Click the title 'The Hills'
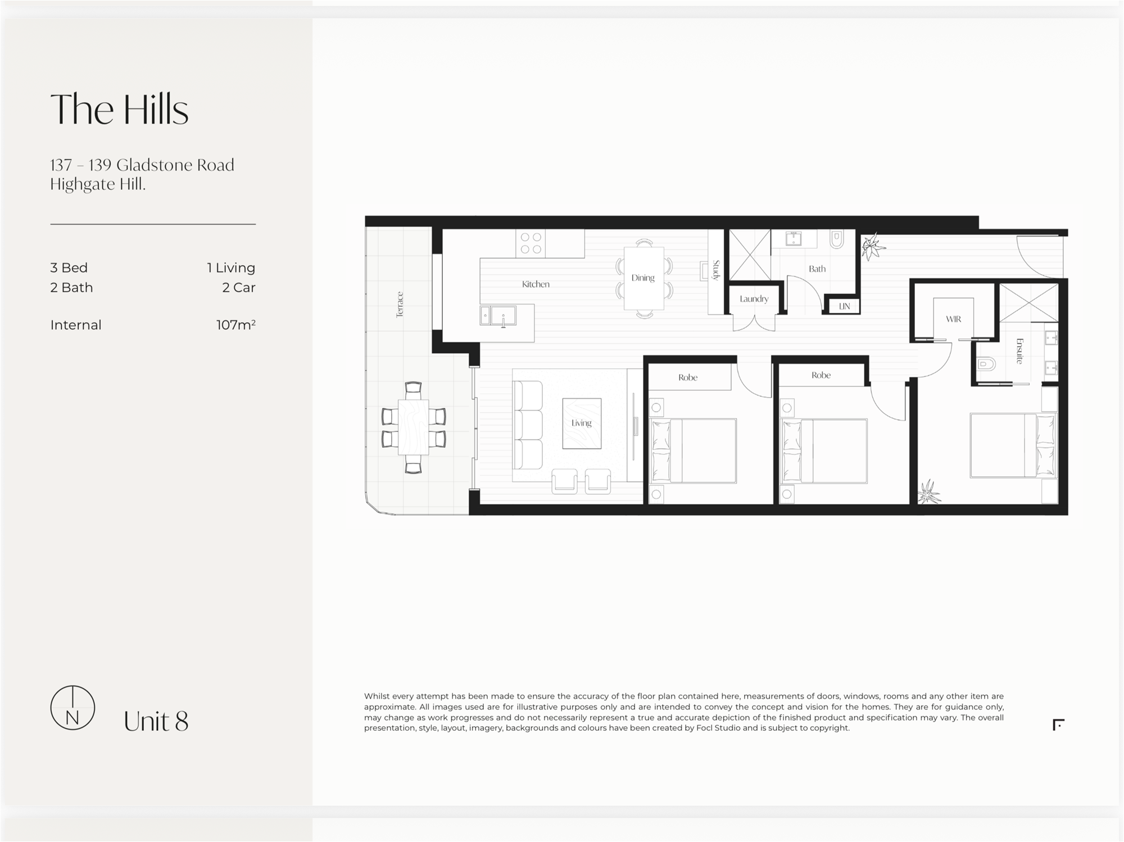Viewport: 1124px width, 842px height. coord(119,109)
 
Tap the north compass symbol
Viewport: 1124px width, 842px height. coord(72,708)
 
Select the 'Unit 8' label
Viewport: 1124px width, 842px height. coord(156,722)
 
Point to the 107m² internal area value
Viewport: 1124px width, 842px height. coord(236,325)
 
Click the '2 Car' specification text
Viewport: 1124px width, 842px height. coord(239,288)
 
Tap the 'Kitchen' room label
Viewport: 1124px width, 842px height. coord(536,284)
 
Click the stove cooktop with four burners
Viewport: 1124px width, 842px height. coord(531,243)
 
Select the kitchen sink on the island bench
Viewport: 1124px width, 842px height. coord(498,316)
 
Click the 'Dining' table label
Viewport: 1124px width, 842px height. coord(643,278)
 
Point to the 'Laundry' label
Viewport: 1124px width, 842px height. coord(754,299)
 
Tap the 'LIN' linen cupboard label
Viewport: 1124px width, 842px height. coord(844,306)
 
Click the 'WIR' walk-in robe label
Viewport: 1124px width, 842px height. coord(953,319)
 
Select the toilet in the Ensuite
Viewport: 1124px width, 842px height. coord(987,364)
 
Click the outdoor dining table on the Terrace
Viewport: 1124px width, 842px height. coord(414,427)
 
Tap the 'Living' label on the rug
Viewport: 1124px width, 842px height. coord(582,423)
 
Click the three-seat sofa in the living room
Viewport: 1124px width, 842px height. coord(527,425)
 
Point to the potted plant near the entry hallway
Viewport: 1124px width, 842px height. coord(873,247)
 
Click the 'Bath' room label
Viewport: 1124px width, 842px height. coord(817,269)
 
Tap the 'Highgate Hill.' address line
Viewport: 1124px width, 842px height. coord(98,184)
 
